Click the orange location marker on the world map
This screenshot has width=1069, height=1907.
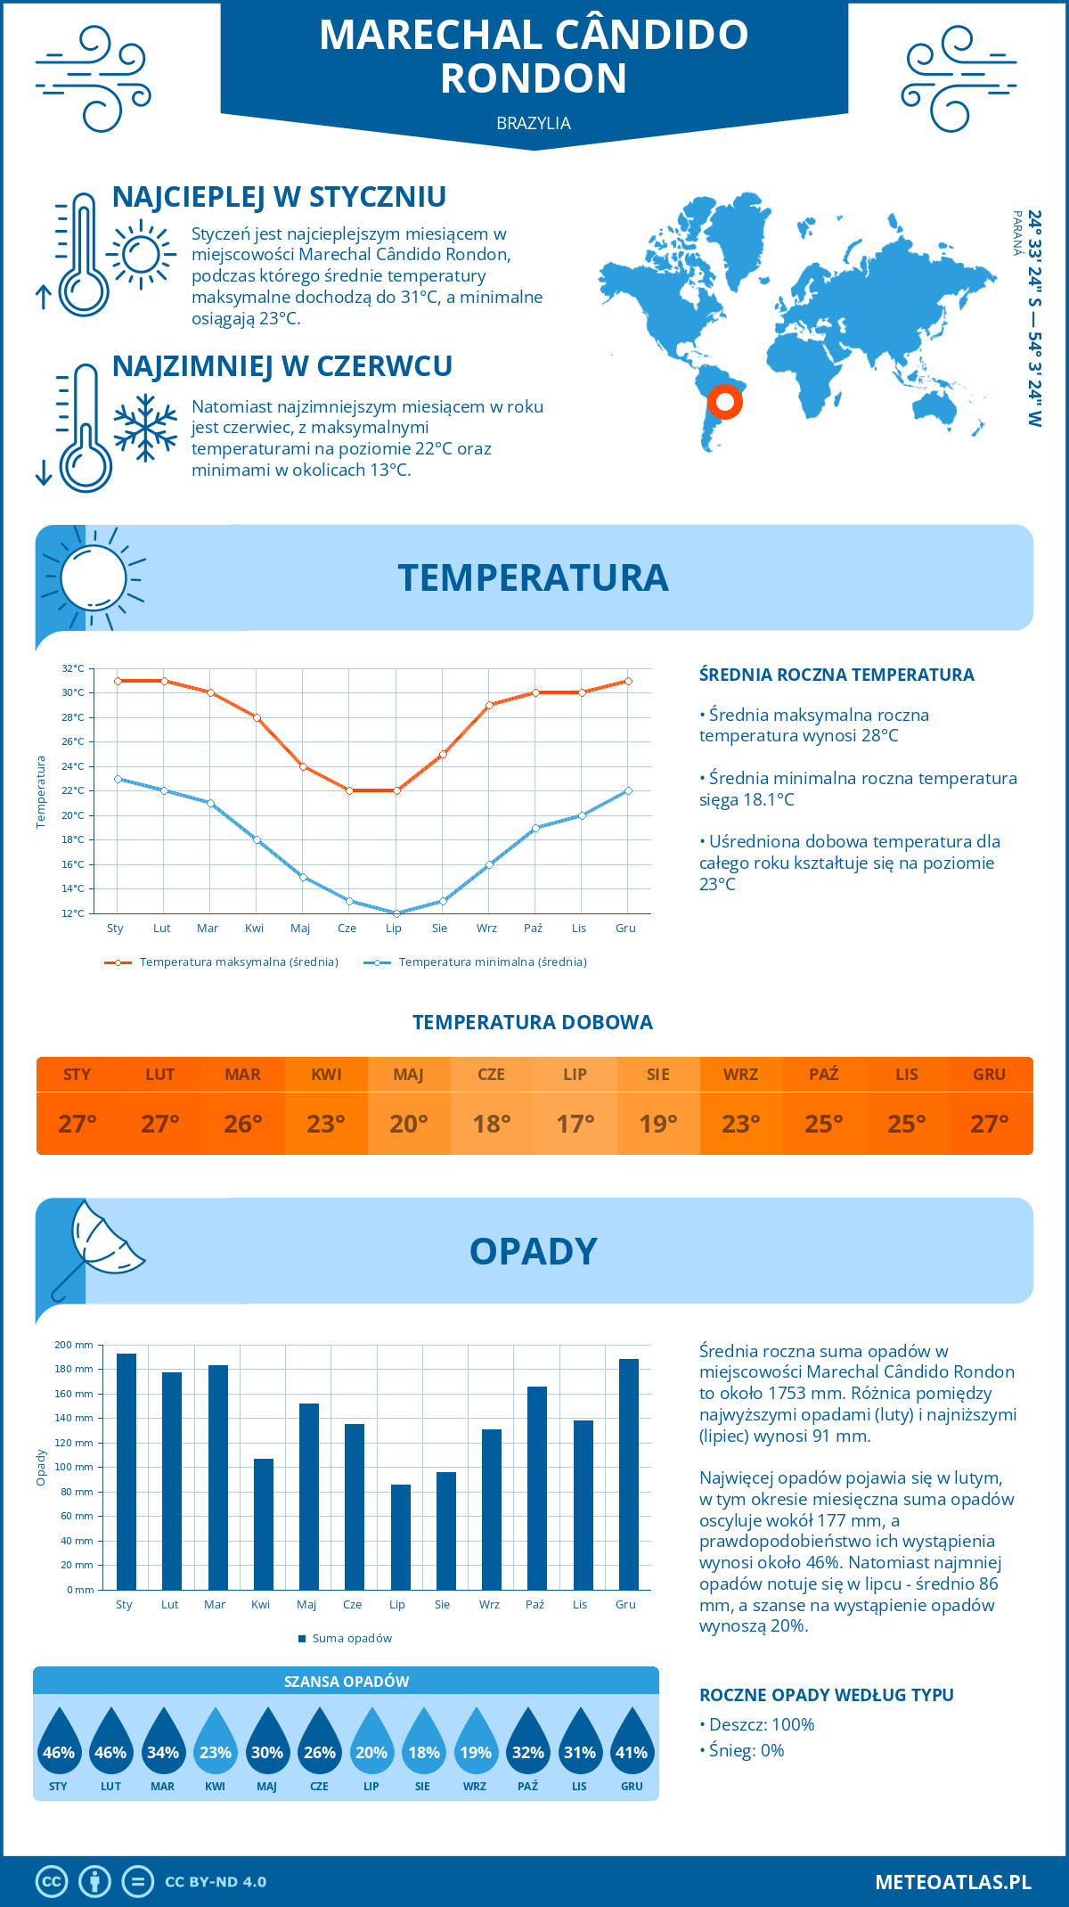pyautogui.click(x=725, y=402)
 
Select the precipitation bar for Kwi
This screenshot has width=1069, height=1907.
pyautogui.click(x=264, y=1524)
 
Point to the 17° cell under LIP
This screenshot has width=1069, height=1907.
pyautogui.click(x=575, y=1124)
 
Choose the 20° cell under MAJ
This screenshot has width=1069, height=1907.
pyautogui.click(x=409, y=1124)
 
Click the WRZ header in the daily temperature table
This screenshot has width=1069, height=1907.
pyautogui.click(x=740, y=1075)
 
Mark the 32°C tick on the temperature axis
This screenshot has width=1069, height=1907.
pyautogui.click(x=73, y=668)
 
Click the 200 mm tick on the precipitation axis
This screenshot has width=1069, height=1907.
pyautogui.click(x=75, y=1345)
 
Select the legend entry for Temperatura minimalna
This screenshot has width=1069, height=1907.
pyautogui.click(x=477, y=962)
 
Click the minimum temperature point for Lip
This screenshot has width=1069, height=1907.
pyautogui.click(x=396, y=913)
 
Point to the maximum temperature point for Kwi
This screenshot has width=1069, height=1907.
pyautogui.click(x=257, y=717)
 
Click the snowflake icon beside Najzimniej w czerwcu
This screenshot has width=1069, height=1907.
pyautogui.click(x=145, y=428)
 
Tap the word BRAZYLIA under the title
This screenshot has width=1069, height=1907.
pyautogui.click(x=534, y=124)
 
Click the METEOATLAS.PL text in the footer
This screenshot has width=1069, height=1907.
pyautogui.click(x=952, y=1882)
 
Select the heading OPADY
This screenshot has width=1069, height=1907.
pyautogui.click(x=533, y=1251)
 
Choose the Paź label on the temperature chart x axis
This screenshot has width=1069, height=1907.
pyautogui.click(x=533, y=929)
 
